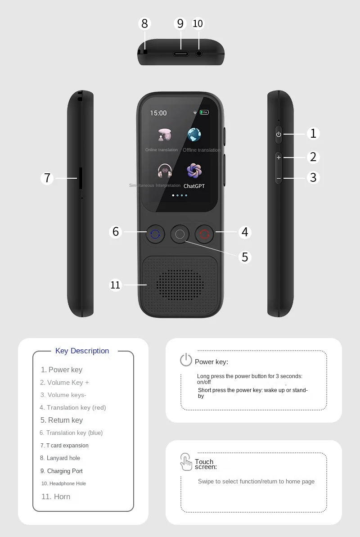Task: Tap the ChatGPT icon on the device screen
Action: [x=194, y=171]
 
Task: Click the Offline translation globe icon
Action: [x=194, y=135]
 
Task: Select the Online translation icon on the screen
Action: [x=164, y=135]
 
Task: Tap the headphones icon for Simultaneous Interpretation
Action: [x=165, y=171]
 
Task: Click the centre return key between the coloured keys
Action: [x=180, y=234]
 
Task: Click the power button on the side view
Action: [x=279, y=134]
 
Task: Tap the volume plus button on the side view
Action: [x=279, y=158]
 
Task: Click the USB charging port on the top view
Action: [x=181, y=54]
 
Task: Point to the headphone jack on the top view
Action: [x=198, y=54]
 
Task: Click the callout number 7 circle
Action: [x=47, y=178]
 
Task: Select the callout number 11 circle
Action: [x=116, y=284]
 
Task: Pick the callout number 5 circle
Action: [x=245, y=257]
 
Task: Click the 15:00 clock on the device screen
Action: [x=158, y=113]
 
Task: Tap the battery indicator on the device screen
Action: [x=204, y=113]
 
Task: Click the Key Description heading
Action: [x=82, y=351]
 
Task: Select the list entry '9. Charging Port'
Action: [x=62, y=471]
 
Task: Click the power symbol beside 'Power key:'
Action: [x=186, y=360]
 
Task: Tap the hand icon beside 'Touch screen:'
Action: [x=186, y=462]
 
